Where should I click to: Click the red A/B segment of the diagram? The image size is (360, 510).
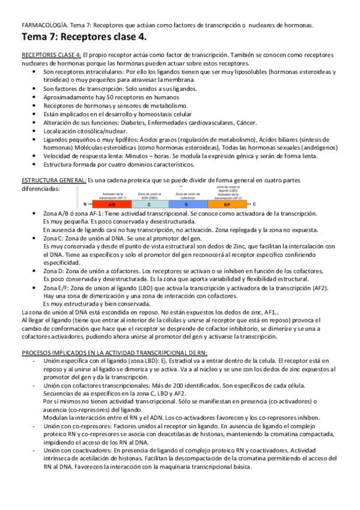coord(111,204)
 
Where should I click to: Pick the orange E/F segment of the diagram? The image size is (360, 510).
coord(227,204)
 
